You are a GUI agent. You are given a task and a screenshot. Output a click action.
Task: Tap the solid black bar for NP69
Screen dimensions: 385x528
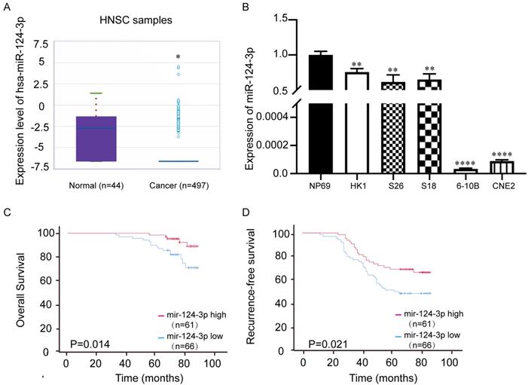tap(321, 113)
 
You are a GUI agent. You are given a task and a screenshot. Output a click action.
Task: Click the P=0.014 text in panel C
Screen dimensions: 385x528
tap(88, 344)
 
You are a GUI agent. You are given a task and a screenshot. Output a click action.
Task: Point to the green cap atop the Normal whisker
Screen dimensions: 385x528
tap(96, 93)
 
